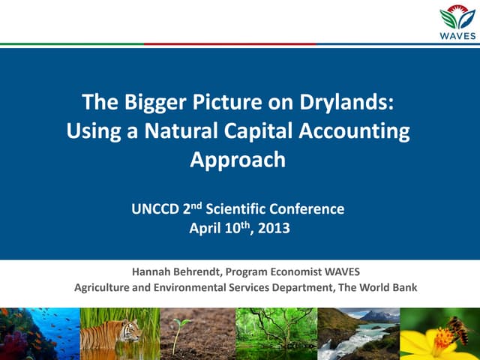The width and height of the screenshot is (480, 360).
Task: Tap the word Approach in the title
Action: point(238,160)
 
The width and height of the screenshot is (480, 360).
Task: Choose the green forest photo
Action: point(276,333)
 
